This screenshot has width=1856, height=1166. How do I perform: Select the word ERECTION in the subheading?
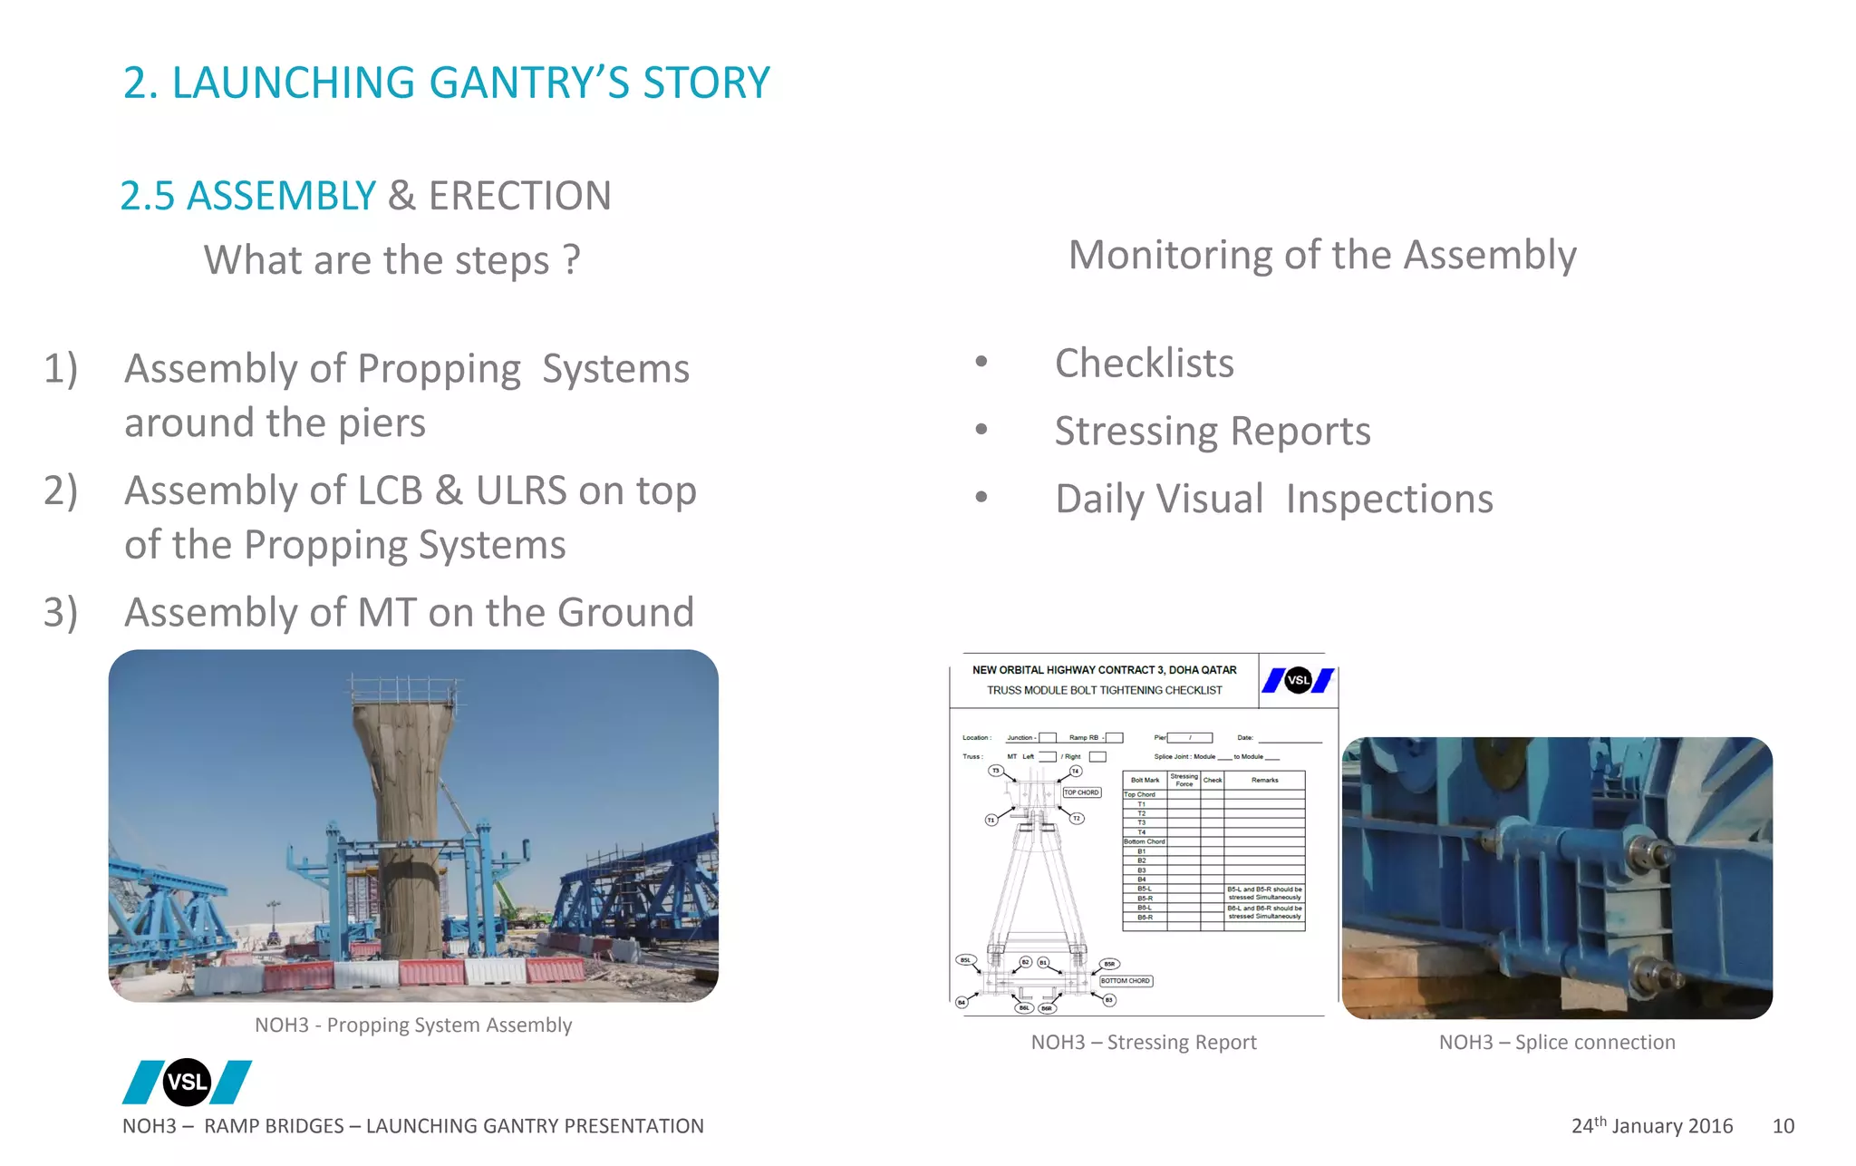519,196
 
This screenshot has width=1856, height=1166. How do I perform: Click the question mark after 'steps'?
571,260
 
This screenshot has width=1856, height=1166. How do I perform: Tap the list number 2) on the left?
61,491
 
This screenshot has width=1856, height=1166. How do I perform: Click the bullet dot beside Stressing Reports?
981,430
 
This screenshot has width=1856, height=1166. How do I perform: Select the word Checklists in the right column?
1144,363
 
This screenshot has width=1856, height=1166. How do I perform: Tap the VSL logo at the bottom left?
187,1082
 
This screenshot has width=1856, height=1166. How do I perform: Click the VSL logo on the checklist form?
1298,680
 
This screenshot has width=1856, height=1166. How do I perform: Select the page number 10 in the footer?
1783,1126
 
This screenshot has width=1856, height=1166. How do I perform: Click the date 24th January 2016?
1651,1126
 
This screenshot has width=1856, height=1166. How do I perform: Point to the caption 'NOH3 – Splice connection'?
1556,1043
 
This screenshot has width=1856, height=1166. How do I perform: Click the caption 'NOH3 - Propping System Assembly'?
413,1025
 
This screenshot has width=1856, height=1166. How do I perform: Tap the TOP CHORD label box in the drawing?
1081,792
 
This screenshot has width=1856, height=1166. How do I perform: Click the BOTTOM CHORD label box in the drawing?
1125,981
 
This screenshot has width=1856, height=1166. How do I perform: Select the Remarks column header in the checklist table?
1264,780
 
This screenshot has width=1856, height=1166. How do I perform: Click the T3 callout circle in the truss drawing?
995,771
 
